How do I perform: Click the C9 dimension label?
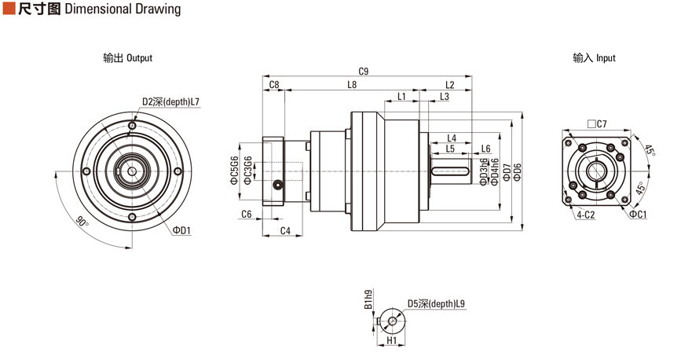[x=363, y=71]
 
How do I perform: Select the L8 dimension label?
[x=352, y=84]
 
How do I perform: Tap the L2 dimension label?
[x=450, y=84]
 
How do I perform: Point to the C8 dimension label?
[x=274, y=84]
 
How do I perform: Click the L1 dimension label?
[x=402, y=97]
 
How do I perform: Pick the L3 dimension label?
[x=445, y=97]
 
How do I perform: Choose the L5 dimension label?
[x=450, y=149]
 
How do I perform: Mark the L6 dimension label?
[x=486, y=149]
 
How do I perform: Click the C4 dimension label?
[x=285, y=230]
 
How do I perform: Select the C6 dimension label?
[x=246, y=214]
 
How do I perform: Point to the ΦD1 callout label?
[x=182, y=230]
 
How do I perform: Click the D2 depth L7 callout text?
[x=171, y=101]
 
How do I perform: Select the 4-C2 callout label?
[x=585, y=214]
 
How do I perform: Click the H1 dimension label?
[x=392, y=342]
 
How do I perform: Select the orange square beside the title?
[x=9, y=9]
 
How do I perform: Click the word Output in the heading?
[x=139, y=58]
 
